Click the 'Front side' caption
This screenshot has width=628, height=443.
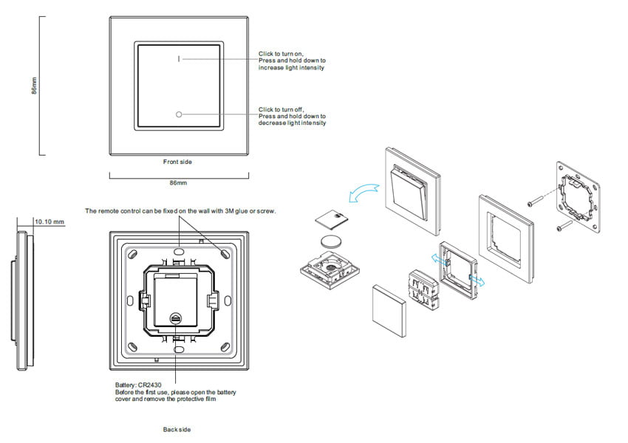(177, 161)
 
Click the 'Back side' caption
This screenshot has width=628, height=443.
(177, 429)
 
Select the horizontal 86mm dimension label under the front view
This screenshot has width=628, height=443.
(177, 181)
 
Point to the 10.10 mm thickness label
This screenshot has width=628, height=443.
(50, 221)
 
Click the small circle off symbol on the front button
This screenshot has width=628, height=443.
(178, 114)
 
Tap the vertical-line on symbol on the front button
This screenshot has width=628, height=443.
(178, 57)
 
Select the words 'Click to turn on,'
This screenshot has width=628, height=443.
(281, 54)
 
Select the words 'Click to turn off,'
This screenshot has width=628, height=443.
(281, 109)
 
